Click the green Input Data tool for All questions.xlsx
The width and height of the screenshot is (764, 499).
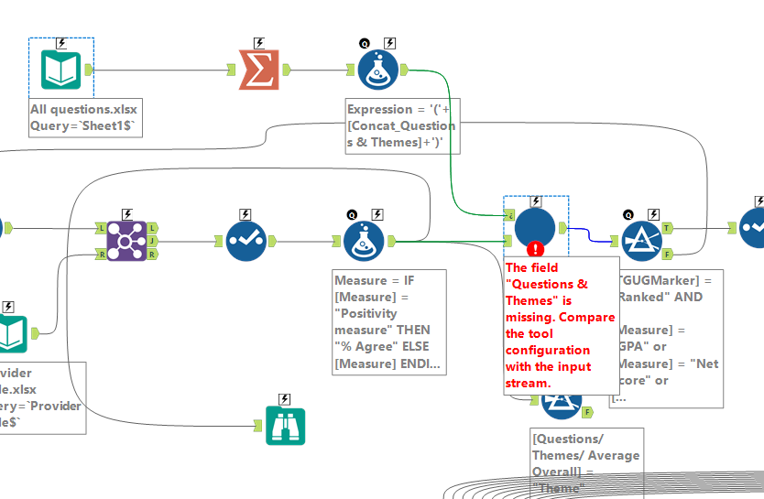click(60, 70)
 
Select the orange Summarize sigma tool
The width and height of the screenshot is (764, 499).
click(258, 70)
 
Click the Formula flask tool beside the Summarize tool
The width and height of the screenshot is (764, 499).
click(377, 70)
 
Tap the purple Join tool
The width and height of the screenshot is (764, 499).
click(126, 241)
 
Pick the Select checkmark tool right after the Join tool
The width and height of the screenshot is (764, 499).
click(246, 241)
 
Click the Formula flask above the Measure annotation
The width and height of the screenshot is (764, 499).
click(365, 241)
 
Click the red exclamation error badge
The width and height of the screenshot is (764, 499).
click(536, 248)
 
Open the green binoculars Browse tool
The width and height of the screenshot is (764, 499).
click(285, 425)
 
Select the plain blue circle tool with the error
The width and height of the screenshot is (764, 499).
click(536, 227)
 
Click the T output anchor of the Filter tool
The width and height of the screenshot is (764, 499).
click(667, 226)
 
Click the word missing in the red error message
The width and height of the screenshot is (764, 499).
click(530, 317)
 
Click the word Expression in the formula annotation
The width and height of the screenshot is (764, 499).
click(379, 109)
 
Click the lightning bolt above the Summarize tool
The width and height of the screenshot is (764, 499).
click(258, 42)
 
